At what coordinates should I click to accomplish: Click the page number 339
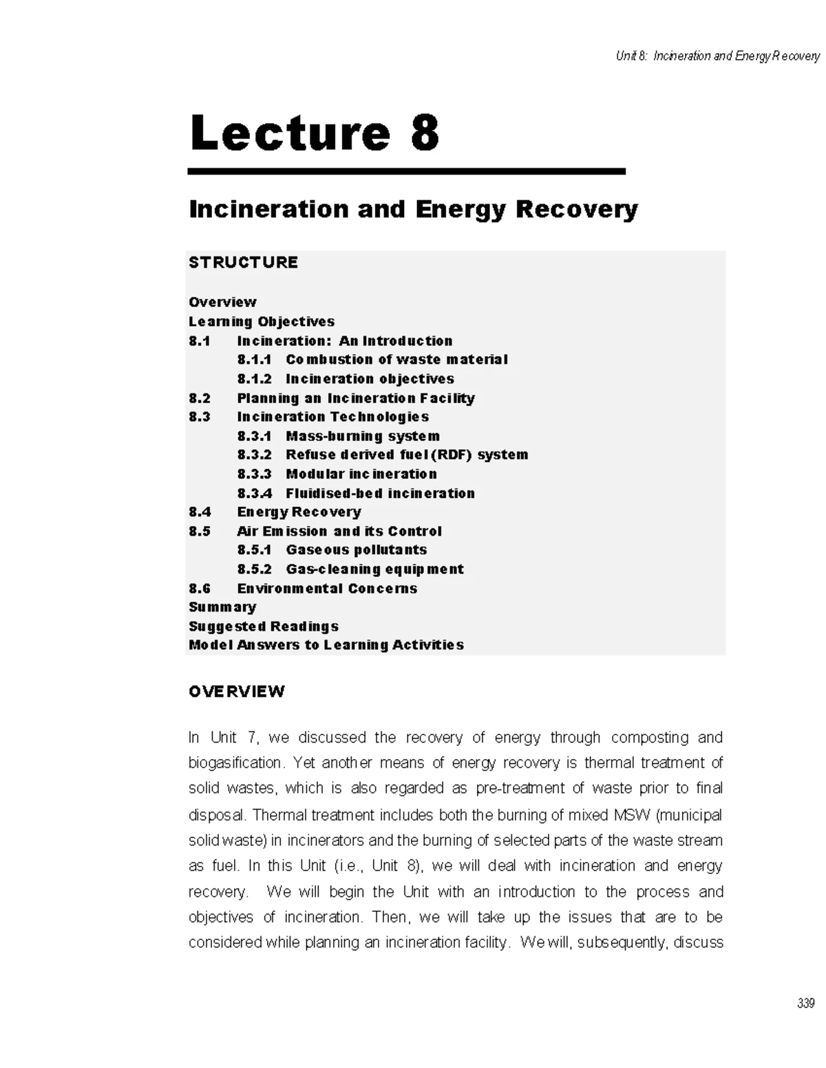pos(805,1003)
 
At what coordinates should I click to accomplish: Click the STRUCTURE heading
pos(243,262)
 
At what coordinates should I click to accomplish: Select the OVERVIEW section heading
pos(236,691)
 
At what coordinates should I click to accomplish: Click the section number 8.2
pos(200,398)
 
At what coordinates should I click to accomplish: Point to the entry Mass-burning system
pos(362,436)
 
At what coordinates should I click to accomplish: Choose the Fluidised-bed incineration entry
pos(380,493)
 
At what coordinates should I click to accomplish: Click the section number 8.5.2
pos(254,569)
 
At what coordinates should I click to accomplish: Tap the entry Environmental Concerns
pos(327,588)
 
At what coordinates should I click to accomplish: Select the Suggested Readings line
pos(263,626)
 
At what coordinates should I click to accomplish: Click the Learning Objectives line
pos(261,321)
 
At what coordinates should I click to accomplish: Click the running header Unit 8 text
pos(717,56)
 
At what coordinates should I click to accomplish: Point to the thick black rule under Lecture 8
pos(406,171)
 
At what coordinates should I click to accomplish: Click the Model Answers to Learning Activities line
pos(326,645)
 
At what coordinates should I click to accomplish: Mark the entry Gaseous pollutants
pos(356,550)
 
